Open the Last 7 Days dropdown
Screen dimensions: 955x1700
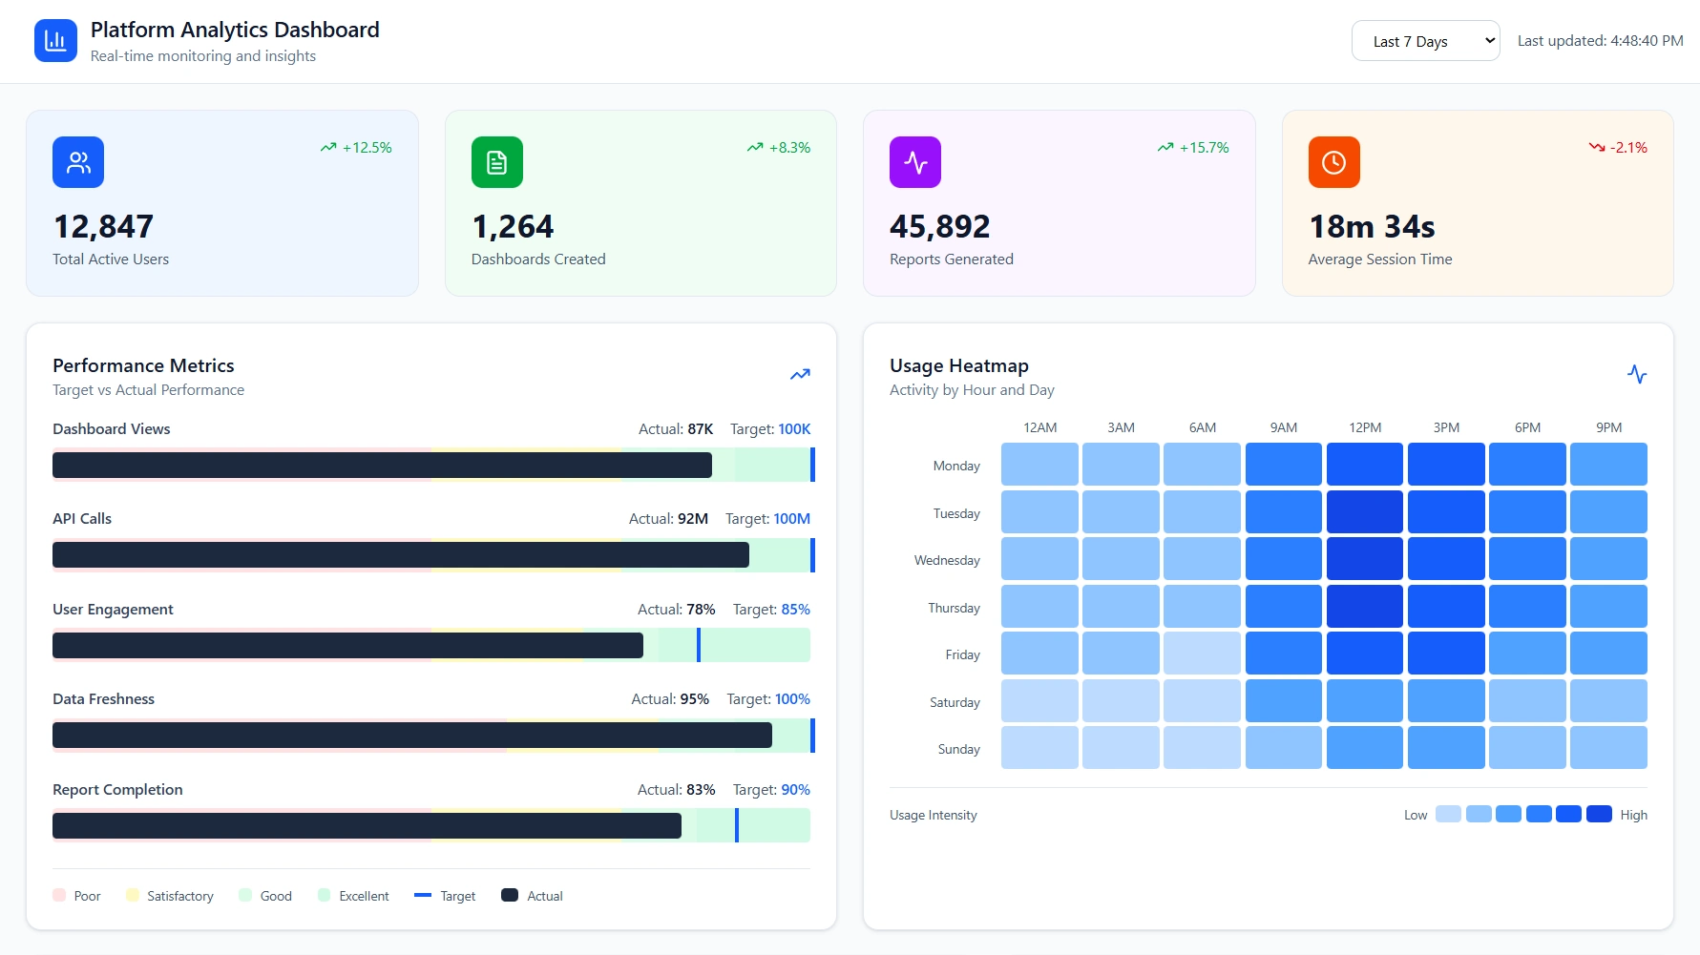tap(1424, 41)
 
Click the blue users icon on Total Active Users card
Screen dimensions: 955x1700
tap(78, 162)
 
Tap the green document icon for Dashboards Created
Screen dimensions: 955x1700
tap(496, 162)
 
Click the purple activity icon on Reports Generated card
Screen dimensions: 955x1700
tap(914, 162)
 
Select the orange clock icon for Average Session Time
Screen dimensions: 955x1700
tap(1333, 162)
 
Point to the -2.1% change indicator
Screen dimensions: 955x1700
tap(1619, 148)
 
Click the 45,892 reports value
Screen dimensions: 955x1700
tap(939, 227)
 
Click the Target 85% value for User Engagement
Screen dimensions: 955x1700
tap(795, 610)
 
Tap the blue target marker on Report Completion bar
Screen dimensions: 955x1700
tap(737, 825)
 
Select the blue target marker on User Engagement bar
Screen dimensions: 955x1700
tap(699, 645)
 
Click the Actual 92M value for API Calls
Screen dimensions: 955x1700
tap(692, 519)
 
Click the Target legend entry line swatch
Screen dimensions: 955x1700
tap(423, 895)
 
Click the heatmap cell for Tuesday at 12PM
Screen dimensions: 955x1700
tap(1364, 511)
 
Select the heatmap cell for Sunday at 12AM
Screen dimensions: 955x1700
tap(1039, 748)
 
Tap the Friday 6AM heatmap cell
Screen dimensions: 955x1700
tap(1202, 654)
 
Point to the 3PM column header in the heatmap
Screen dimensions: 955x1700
tap(1446, 427)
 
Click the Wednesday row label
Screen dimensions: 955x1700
tap(947, 560)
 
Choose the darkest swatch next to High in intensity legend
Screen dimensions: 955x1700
tap(1599, 814)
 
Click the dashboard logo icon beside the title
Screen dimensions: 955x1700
tap(55, 41)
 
